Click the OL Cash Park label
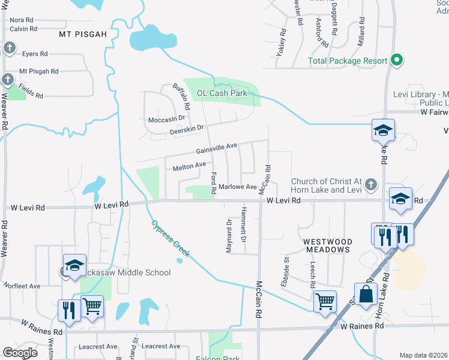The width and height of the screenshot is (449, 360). [222, 94]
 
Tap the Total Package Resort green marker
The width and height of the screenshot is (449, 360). [396, 60]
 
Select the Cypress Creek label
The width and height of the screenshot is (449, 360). [170, 238]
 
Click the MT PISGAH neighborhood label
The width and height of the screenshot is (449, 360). [83, 34]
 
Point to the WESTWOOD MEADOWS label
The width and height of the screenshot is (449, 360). [327, 245]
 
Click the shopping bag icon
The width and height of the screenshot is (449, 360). [366, 294]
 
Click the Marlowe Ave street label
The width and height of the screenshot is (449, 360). [238, 187]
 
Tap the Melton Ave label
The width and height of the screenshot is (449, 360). [190, 166]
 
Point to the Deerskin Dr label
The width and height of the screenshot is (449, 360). [187, 128]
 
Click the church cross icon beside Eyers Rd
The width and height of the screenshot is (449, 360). [10, 47]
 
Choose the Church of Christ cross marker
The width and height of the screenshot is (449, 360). [371, 184]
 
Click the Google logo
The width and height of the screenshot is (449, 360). [20, 353]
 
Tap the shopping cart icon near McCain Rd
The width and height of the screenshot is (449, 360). [325, 301]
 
